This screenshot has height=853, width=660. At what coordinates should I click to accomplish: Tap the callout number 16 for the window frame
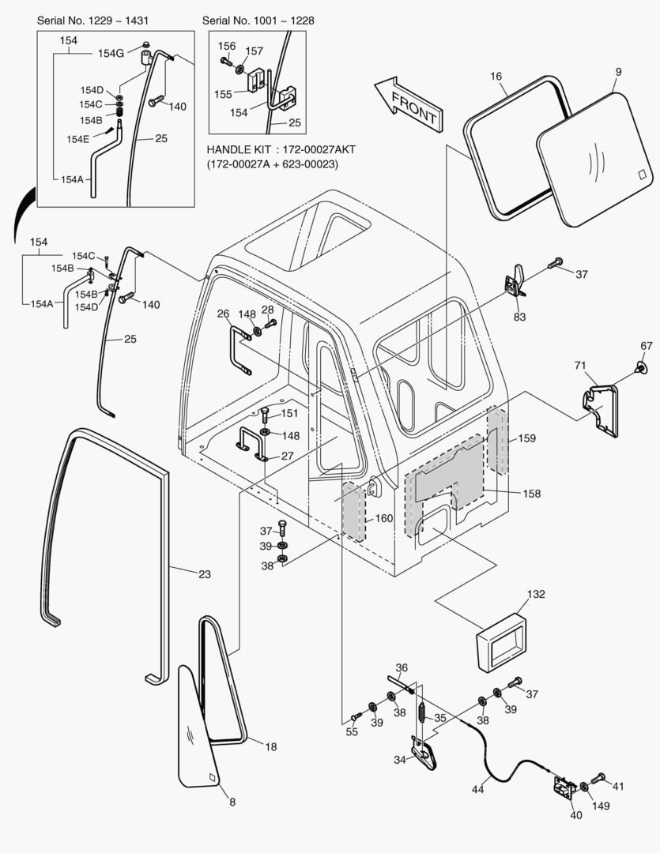(496, 77)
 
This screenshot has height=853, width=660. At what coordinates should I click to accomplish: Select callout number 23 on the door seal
(204, 574)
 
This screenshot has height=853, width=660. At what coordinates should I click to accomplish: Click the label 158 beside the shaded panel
(531, 494)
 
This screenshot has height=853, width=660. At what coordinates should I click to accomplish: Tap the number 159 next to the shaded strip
(527, 438)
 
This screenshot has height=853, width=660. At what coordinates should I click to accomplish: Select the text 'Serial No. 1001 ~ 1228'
(258, 20)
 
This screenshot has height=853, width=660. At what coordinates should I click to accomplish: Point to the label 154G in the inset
(111, 53)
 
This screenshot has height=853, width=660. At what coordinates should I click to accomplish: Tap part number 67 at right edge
(647, 345)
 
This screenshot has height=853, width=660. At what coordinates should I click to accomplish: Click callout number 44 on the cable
(479, 788)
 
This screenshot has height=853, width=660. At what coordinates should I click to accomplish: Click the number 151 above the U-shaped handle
(290, 413)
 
